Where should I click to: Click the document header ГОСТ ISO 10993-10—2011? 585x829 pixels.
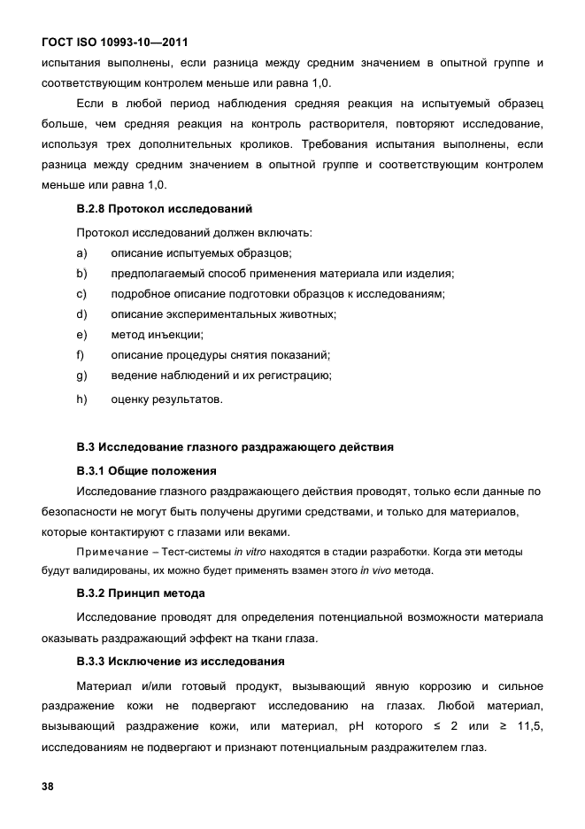115,42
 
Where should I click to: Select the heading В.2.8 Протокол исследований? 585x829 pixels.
165,209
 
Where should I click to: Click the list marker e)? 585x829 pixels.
81,335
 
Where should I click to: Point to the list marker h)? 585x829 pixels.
82,399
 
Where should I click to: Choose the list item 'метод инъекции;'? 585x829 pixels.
158,335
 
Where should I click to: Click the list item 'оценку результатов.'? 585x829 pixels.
166,399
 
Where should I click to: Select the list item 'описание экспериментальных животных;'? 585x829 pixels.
223,314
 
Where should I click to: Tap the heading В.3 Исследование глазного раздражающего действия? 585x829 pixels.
235,447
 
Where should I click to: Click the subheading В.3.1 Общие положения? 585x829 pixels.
146,470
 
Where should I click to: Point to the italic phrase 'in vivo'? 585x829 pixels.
377,570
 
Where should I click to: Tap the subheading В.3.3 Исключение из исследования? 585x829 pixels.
181,662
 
